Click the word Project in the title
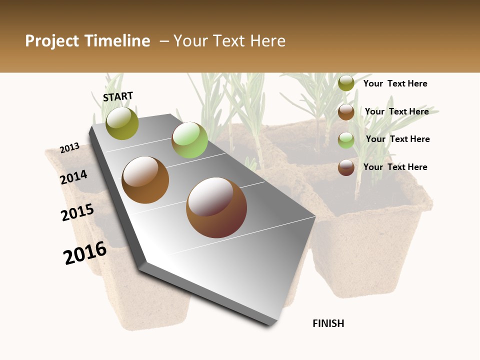52,41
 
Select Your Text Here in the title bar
229,41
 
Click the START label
118,96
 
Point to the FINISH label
328,323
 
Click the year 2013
69,148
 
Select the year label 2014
73,177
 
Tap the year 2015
77,212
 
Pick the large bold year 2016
85,252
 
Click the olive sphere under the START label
122,123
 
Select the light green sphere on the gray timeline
189,140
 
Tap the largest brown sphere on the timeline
216,207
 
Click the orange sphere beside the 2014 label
145,180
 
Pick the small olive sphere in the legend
346,83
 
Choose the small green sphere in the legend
346,140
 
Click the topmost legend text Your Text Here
395,83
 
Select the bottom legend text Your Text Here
395,167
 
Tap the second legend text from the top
396,111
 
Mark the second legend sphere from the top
346,112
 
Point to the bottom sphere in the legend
346,168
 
